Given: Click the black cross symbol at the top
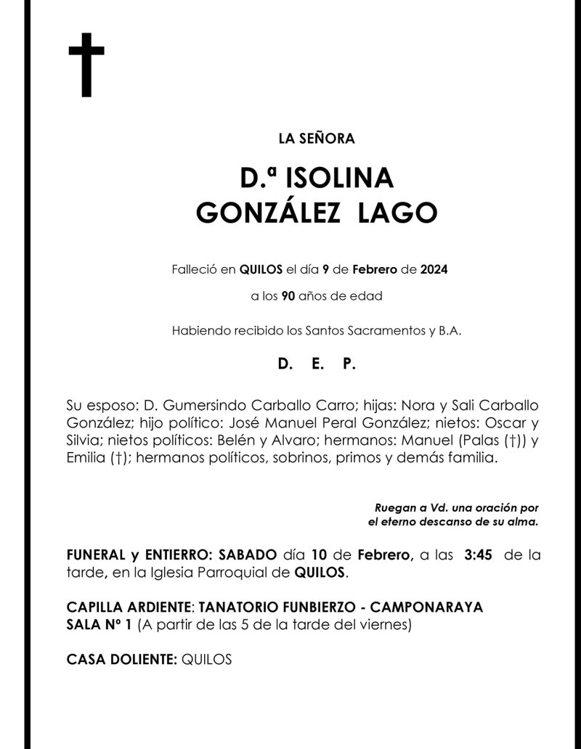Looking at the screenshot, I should (86, 65).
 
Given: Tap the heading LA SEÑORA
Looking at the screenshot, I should (317, 139).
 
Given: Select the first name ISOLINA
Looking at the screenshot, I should (340, 178).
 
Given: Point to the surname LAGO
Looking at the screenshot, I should (398, 213).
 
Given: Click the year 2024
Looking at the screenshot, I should (434, 270).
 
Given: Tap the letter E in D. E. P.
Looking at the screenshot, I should (317, 365).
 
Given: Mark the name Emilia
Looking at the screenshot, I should (85, 459).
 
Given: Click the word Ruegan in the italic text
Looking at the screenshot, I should (393, 508).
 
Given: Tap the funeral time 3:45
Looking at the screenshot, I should (478, 555).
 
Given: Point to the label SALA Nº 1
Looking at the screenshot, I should (99, 625).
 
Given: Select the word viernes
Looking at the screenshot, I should (389, 625).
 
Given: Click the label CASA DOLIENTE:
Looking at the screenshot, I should (121, 660).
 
